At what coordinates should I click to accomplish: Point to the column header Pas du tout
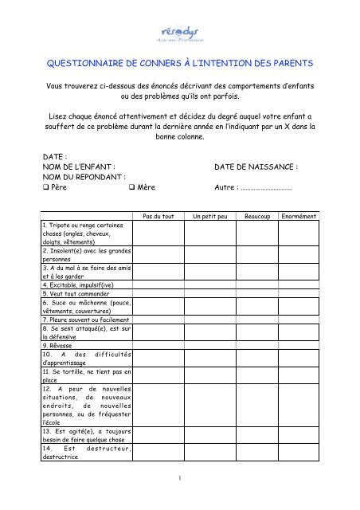click(158, 217)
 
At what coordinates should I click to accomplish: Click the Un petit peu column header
click(209, 217)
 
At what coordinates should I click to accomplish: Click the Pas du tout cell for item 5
click(158, 293)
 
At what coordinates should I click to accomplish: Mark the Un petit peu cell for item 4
click(209, 284)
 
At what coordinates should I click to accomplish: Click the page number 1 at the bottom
click(180, 480)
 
